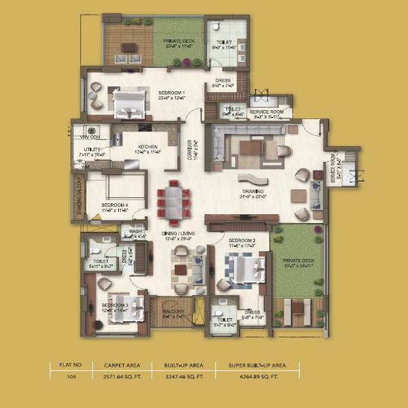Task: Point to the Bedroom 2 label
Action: coord(241,241)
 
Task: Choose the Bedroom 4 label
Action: coord(115,204)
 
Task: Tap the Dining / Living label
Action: coord(178,234)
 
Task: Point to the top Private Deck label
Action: coord(177,41)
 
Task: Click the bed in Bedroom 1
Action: coord(128,103)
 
